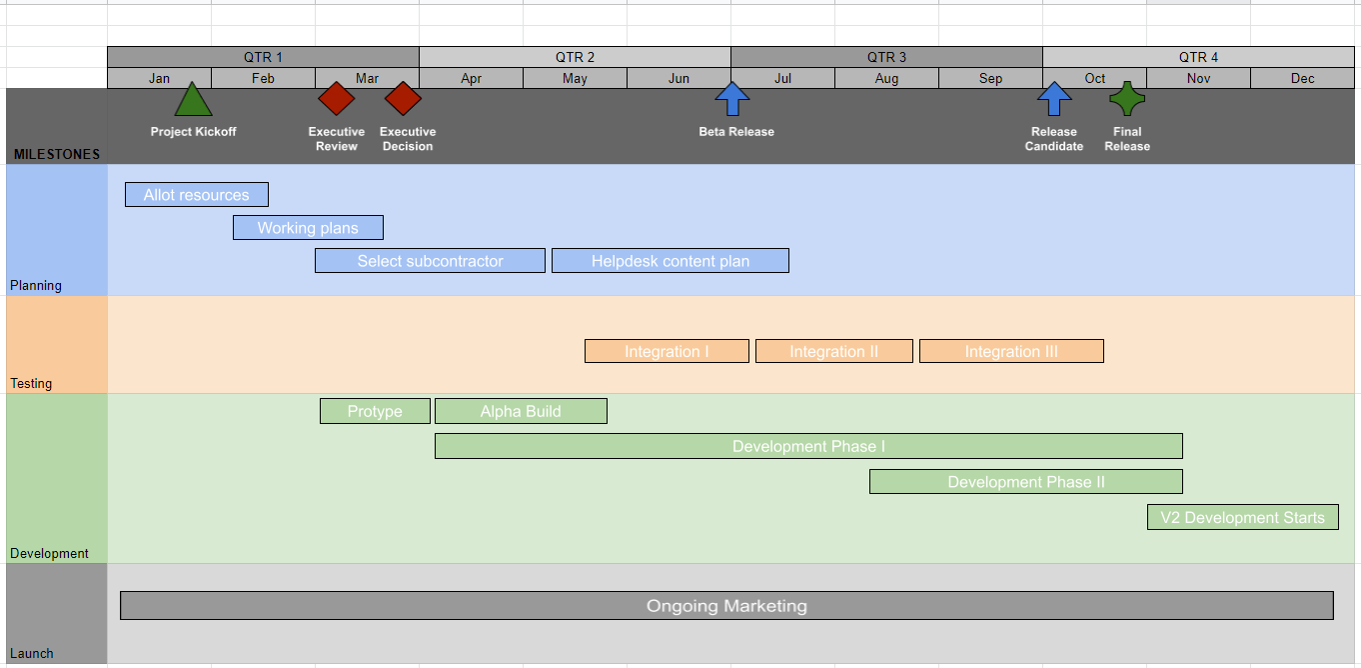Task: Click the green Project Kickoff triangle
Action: (193, 101)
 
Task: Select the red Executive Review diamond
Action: (337, 99)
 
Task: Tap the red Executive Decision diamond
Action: (403, 99)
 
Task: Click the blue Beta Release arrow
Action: (732, 99)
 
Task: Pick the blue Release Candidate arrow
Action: (1054, 99)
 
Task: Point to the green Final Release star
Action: (1127, 99)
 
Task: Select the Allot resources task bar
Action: (197, 195)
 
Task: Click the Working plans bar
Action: (308, 228)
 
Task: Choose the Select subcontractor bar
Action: (430, 261)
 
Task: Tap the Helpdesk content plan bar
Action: (671, 261)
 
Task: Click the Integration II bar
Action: (833, 351)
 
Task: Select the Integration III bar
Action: (1011, 351)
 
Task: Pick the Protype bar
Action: (375, 411)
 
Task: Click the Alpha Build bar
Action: (521, 411)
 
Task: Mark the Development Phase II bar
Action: (1026, 482)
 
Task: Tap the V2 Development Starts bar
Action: (1242, 517)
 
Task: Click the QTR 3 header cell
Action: (886, 57)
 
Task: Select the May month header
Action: (575, 78)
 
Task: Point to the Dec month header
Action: (1302, 78)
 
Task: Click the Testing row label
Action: (31, 383)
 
